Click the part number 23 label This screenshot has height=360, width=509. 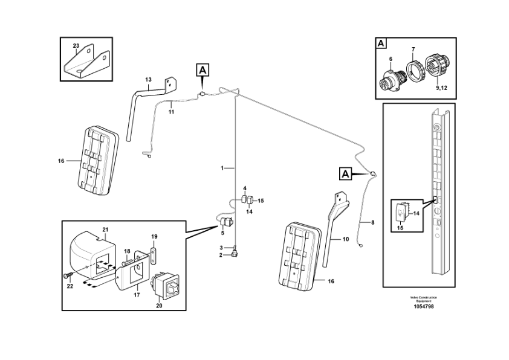(x=76, y=46)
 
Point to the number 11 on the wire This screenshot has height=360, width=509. (x=171, y=112)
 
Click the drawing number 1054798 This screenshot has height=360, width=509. (x=423, y=306)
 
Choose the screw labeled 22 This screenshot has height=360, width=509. (x=67, y=275)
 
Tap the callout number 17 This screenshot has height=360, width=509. (x=137, y=295)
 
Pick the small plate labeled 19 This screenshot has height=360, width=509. (x=154, y=249)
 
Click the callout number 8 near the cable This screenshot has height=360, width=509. (x=373, y=222)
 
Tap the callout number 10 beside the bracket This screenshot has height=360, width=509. (x=346, y=239)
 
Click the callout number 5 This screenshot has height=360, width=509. (x=222, y=233)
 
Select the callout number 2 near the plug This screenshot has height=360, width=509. (x=222, y=255)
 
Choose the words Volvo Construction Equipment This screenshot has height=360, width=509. (x=423, y=299)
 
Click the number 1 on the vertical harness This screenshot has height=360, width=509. (x=222, y=167)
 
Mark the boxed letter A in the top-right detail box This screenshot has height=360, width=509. (x=381, y=43)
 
